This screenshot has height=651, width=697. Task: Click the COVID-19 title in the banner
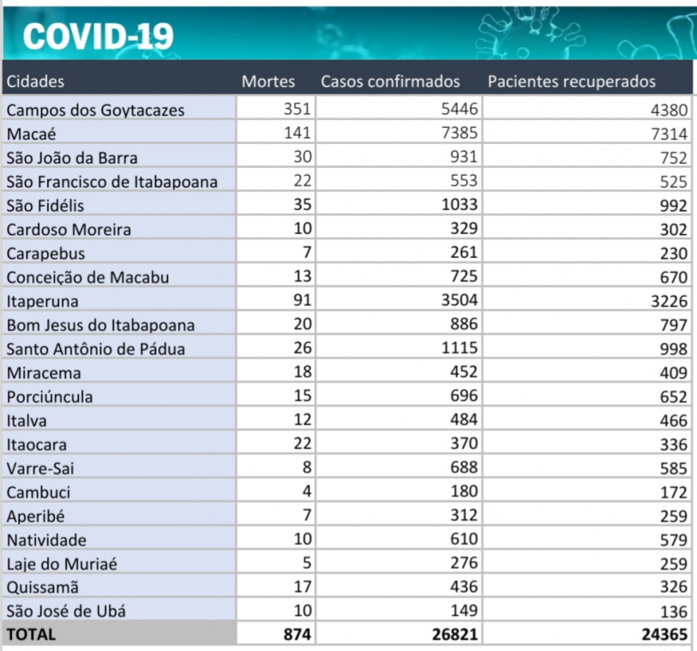[x=98, y=35]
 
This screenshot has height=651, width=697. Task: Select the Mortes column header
[x=268, y=81]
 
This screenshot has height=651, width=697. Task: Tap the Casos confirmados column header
[x=390, y=81]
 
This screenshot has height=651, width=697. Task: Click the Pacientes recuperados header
[x=572, y=81]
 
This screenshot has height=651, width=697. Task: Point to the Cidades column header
[x=36, y=81]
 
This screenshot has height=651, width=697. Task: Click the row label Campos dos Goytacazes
[x=95, y=110]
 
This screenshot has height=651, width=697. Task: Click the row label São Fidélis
[x=45, y=205]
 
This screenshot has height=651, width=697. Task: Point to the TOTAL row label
[x=31, y=635]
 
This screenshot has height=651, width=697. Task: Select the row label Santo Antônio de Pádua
[x=95, y=348]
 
